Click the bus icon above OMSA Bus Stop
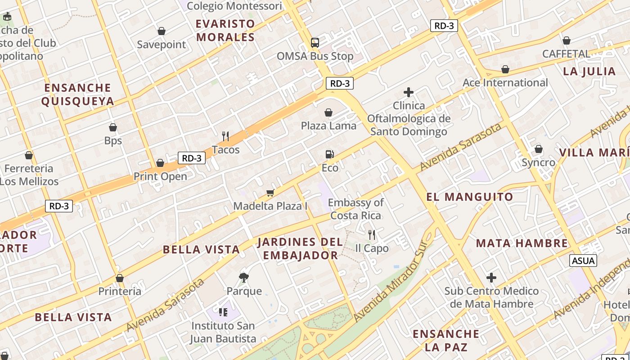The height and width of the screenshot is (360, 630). (315, 43)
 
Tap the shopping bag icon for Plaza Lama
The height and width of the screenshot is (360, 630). (328, 112)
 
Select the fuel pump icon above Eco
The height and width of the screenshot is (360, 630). (330, 154)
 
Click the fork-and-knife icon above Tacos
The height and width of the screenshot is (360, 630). (225, 136)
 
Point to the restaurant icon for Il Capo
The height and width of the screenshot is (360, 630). (372, 234)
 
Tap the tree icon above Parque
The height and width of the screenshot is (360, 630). (244, 278)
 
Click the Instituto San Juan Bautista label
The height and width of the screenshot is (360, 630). (223, 332)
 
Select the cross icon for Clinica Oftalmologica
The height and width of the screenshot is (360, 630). (409, 93)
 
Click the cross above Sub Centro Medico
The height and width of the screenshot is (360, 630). (491, 278)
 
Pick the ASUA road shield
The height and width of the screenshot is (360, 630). (583, 261)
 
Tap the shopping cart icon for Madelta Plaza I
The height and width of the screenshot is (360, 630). (270, 193)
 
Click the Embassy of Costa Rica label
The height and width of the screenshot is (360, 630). (356, 209)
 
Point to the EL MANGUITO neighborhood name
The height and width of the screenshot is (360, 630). (470, 197)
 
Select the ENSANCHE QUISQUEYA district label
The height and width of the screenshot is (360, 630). (77, 94)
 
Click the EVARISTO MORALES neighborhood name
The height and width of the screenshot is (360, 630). (225, 30)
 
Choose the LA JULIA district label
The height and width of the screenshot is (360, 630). (589, 71)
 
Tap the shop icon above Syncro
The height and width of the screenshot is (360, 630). (538, 149)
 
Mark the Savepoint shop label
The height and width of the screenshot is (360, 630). (162, 45)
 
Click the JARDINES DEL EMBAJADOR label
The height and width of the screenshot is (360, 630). (300, 249)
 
